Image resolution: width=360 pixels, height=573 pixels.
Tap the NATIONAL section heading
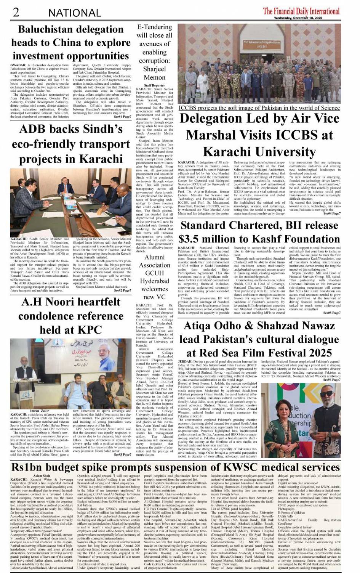tap(74, 13)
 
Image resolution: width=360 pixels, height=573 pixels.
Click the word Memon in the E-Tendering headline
tap(154, 77)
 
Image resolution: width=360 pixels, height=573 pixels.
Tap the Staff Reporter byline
tap(155, 85)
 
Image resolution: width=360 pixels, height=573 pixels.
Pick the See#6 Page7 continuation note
tap(332, 380)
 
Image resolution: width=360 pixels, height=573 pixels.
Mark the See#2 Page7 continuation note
tap(122, 291)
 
